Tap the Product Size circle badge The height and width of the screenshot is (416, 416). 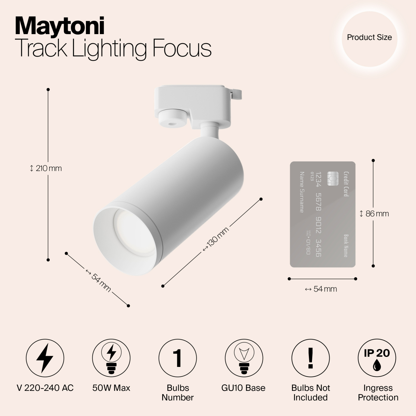coord(369,38)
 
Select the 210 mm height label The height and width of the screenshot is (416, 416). coord(46,168)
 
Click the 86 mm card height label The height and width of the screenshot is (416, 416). coord(374,214)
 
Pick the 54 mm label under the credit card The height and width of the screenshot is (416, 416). coord(321,289)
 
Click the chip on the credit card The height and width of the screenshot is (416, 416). coord(332,179)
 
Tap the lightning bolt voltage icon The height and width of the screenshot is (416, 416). coord(45,358)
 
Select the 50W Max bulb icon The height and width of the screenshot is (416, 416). coord(111,358)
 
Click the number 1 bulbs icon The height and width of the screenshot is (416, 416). coord(177,358)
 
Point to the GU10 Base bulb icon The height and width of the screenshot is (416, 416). coord(243,358)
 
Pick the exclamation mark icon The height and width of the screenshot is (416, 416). coord(310,358)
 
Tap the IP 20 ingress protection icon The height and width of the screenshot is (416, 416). coord(377,358)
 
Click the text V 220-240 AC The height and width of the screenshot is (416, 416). coord(45,388)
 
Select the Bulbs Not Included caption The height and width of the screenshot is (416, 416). coord(311,392)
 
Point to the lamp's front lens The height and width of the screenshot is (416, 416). coord(133,233)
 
